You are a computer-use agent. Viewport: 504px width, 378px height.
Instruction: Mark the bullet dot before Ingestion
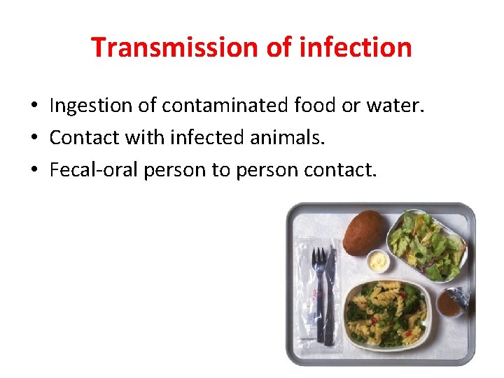[x=33, y=106]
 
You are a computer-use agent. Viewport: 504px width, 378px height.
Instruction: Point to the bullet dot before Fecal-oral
[x=33, y=171]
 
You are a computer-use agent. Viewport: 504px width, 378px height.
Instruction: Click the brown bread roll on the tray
[x=364, y=233]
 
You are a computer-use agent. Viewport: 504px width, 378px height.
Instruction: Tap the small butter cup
[x=378, y=262]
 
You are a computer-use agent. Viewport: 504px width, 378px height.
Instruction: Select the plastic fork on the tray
[x=318, y=287]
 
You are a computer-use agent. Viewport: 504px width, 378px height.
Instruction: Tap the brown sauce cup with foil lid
[x=450, y=303]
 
